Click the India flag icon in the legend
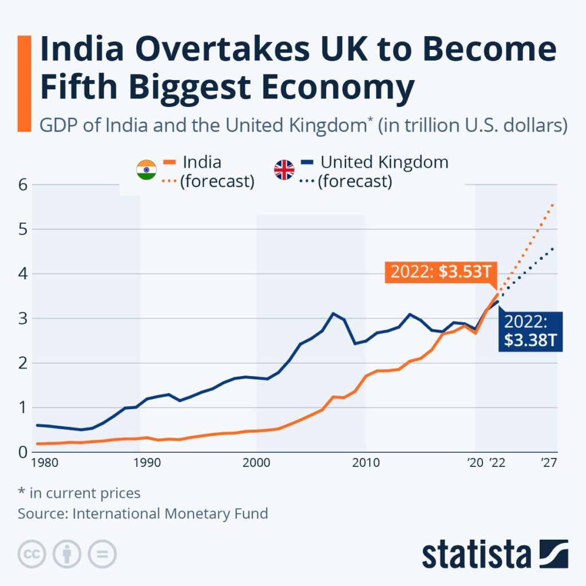tap(146, 171)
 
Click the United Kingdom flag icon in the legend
tap(284, 171)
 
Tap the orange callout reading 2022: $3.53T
tap(441, 271)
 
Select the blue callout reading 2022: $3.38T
tap(530, 331)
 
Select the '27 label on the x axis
tap(549, 463)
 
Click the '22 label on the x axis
tap(498, 463)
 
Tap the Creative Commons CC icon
tap(32, 554)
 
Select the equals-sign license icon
tap(102, 554)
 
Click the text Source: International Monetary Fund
tap(142, 513)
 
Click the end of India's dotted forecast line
tap(553, 204)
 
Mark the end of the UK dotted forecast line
tap(553, 248)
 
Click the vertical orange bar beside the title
tap(24, 84)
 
